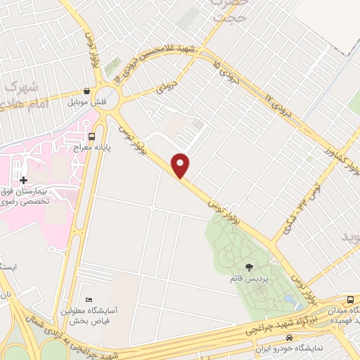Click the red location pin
(x=181, y=165)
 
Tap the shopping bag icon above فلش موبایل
(x=86, y=91)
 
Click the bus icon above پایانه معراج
(x=92, y=136)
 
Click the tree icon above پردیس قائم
(x=249, y=266)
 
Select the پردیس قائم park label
(x=245, y=278)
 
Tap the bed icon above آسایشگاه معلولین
(x=87, y=300)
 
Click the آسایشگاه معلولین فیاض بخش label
(x=91, y=316)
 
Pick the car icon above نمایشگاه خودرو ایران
(x=290, y=337)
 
